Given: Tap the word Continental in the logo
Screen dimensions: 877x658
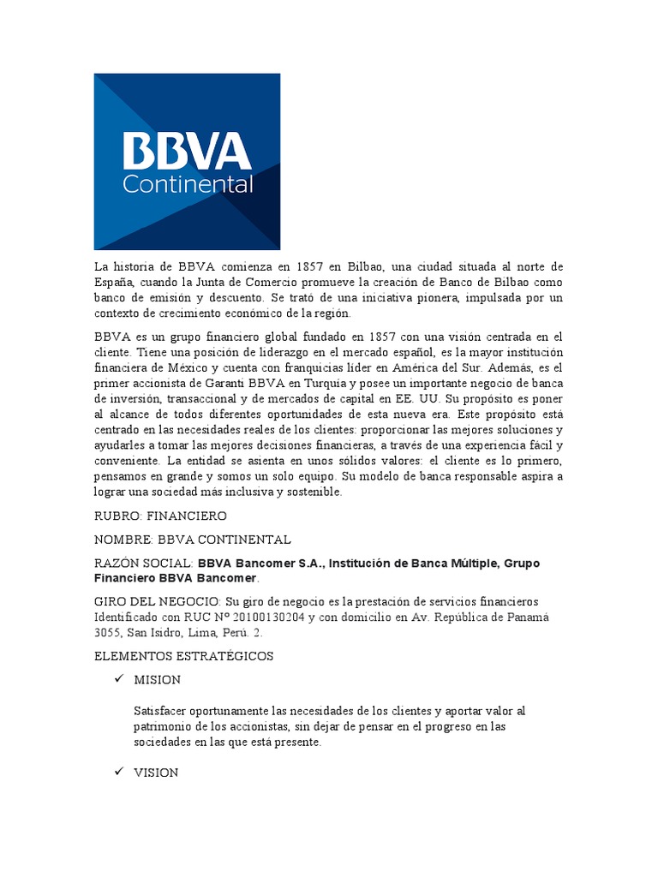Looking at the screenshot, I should pos(188,184).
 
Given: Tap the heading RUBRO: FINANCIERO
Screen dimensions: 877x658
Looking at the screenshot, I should pos(160,516).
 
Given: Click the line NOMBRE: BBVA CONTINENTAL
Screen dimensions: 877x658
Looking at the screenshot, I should pos(193,540).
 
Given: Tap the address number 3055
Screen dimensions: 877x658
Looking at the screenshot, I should pos(109,633).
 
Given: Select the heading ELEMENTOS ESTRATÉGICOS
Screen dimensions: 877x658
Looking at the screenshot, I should pos(183,656).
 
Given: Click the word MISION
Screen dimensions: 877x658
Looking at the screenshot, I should pos(157,680).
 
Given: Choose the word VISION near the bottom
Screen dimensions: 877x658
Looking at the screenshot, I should pos(156,773).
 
